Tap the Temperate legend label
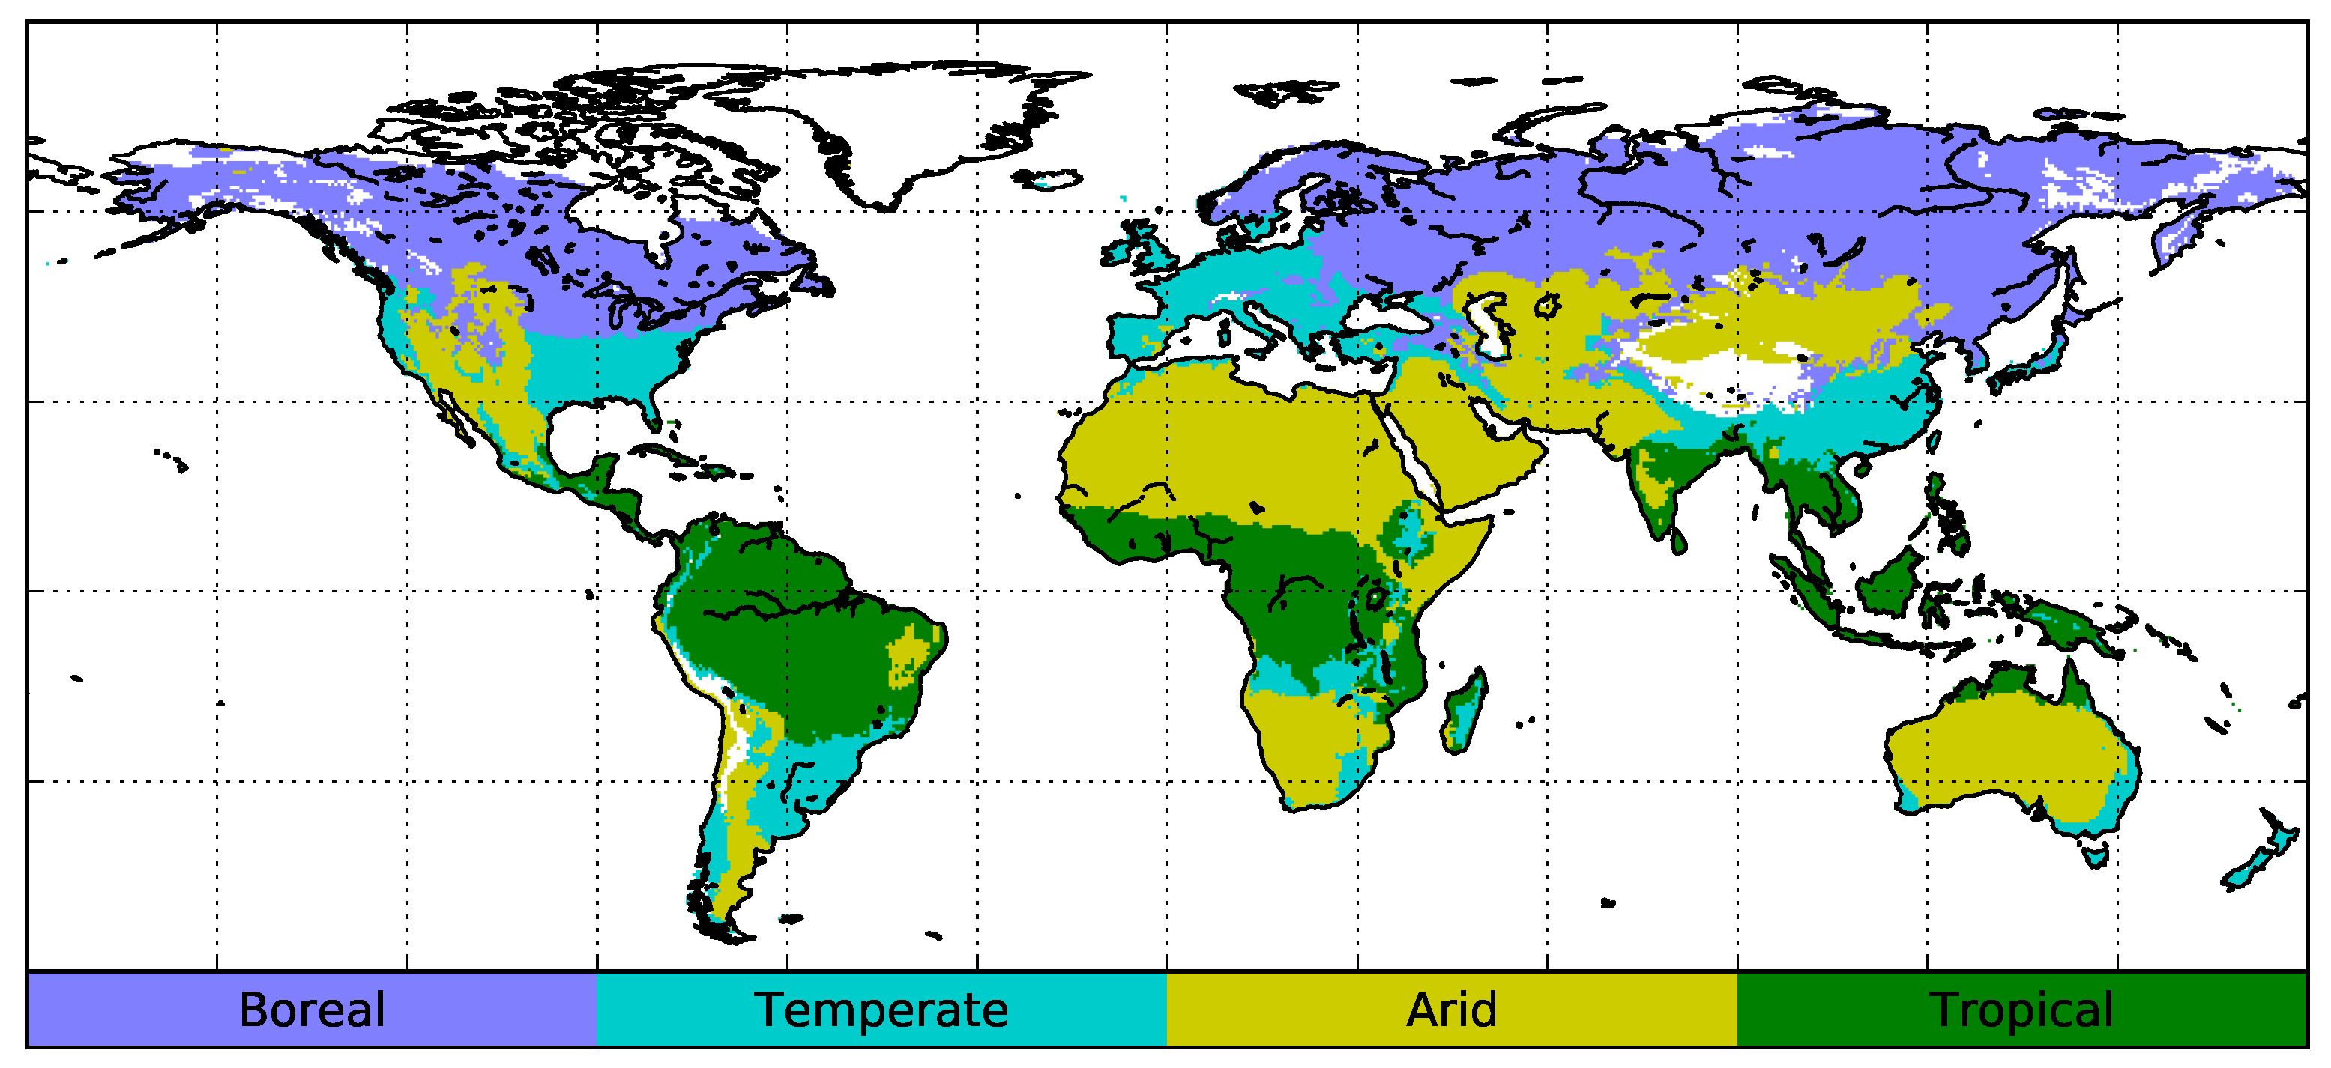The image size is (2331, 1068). click(881, 1010)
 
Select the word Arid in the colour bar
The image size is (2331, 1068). click(1452, 1010)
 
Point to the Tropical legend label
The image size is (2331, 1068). click(2021, 1010)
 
